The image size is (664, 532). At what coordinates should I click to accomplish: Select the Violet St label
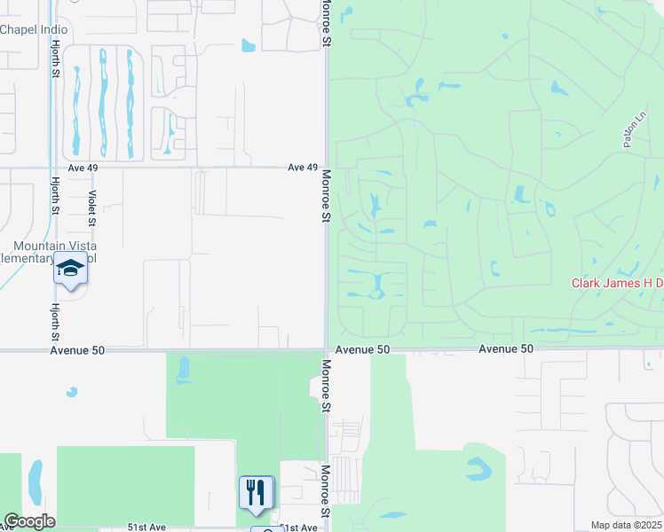pyautogui.click(x=91, y=206)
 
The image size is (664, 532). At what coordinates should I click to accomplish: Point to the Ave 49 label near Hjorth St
pyautogui.click(x=81, y=168)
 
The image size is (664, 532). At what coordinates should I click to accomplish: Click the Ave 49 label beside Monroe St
pyautogui.click(x=302, y=168)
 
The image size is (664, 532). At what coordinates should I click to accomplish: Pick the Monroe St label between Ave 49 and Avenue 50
pyautogui.click(x=326, y=197)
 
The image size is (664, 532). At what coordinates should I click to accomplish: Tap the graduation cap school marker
pyautogui.click(x=70, y=268)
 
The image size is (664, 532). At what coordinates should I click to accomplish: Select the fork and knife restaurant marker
pyautogui.click(x=256, y=492)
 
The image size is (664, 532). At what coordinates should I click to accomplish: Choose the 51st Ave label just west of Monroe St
pyautogui.click(x=298, y=528)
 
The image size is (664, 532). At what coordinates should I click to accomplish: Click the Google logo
pyautogui.click(x=28, y=521)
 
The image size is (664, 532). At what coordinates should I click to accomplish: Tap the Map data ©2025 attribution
pyautogui.click(x=626, y=525)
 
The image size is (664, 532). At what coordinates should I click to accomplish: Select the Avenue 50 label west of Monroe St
pyautogui.click(x=77, y=350)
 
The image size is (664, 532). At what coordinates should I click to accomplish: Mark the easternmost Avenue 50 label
pyautogui.click(x=506, y=349)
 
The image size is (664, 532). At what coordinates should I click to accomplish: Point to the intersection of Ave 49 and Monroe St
pyautogui.click(x=326, y=167)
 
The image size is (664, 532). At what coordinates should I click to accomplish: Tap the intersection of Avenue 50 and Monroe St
pyautogui.click(x=326, y=349)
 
